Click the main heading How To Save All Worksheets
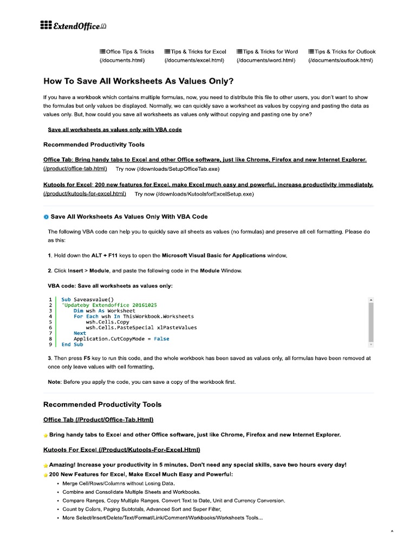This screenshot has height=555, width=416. point(138,81)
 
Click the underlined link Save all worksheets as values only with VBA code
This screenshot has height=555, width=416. point(114,130)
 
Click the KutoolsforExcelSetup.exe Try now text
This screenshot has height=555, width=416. point(194,193)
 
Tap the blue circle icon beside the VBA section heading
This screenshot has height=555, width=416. point(45,217)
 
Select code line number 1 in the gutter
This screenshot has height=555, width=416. point(50,299)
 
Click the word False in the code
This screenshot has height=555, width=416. point(161,339)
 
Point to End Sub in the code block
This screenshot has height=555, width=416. point(72,345)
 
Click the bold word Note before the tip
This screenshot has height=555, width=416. point(54,382)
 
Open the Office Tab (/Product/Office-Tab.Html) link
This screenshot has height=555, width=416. point(98,420)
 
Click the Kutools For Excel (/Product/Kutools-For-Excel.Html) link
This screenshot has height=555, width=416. point(121,449)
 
